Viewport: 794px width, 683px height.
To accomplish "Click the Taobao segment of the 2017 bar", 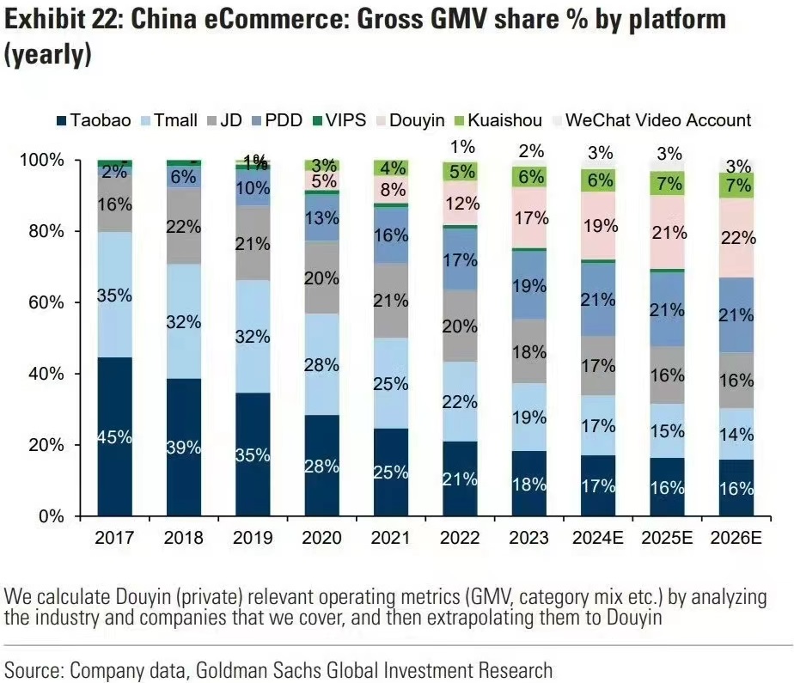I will pos(114,464).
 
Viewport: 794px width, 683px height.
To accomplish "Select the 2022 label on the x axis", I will pos(459,540).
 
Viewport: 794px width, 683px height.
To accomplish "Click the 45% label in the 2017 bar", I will pos(114,437).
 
